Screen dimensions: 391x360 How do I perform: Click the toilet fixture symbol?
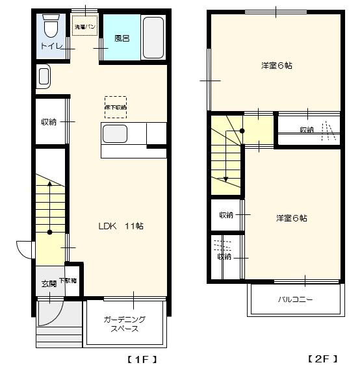pyautogui.click(x=51, y=28)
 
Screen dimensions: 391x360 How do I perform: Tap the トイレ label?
pyautogui.click(x=51, y=46)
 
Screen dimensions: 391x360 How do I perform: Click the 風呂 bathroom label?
pyautogui.click(x=122, y=38)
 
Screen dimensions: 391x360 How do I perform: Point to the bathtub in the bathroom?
pyautogui.click(x=153, y=38)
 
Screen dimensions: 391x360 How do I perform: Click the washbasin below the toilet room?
pyautogui.click(x=43, y=77)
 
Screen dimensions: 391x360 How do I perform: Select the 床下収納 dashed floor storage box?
pyautogui.click(x=116, y=107)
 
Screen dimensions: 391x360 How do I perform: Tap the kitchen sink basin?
pyautogui.click(x=115, y=134)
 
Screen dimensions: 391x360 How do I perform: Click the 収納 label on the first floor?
pyautogui.click(x=49, y=121)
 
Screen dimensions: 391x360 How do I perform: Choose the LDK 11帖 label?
pyautogui.click(x=121, y=226)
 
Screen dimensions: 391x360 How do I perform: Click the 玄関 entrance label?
pyautogui.click(x=49, y=284)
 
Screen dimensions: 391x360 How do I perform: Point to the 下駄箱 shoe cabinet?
pyautogui.click(x=68, y=281)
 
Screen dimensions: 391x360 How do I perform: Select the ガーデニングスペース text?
pyautogui.click(x=124, y=324)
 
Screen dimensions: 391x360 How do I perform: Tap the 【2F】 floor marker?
pyautogui.click(x=322, y=359)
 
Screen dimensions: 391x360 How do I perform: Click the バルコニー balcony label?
pyautogui.click(x=296, y=300)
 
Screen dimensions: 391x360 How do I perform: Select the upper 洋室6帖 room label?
pyautogui.click(x=276, y=65)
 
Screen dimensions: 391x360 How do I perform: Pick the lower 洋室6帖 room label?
pyautogui.click(x=291, y=218)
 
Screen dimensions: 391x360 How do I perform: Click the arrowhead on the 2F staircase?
pyautogui.click(x=225, y=179)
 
